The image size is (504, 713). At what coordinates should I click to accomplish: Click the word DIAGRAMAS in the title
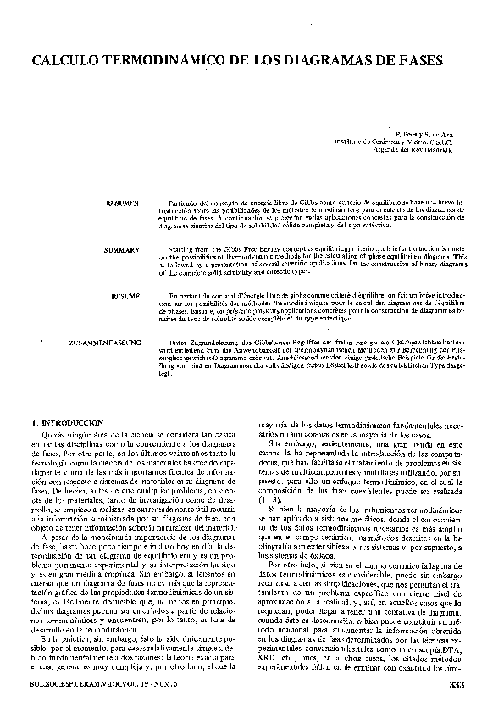pyautogui.click(x=343, y=62)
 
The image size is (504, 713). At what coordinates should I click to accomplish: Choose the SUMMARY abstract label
pyautogui.click(x=122, y=251)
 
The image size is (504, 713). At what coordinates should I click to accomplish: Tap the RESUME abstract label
pyautogui.click(x=125, y=297)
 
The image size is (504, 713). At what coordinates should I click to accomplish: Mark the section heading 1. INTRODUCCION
pyautogui.click(x=66, y=421)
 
